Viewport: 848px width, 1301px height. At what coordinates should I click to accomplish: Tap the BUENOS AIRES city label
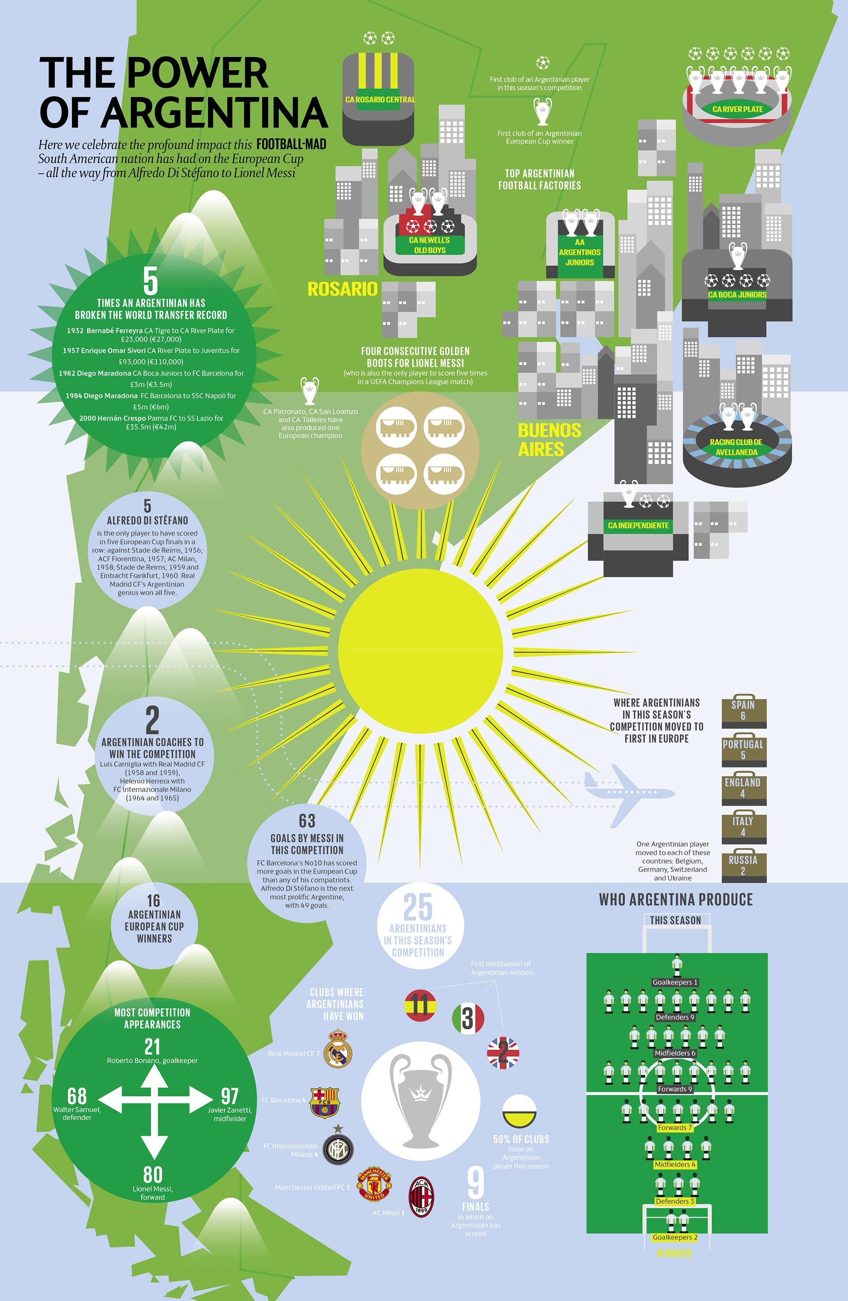(549, 440)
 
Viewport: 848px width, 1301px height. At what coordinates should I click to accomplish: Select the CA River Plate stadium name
(737, 109)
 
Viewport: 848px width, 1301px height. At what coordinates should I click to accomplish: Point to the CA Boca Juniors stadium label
(737, 295)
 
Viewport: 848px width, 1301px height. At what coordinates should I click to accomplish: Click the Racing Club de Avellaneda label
(736, 447)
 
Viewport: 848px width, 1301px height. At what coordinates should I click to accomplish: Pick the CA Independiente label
(638, 525)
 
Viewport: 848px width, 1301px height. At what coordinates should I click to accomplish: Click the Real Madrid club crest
(338, 1049)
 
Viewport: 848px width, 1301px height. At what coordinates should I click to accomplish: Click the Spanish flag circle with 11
(420, 1005)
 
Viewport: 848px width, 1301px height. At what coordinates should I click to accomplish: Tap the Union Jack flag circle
(503, 1052)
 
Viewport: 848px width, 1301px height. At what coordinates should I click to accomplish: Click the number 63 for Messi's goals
(307, 821)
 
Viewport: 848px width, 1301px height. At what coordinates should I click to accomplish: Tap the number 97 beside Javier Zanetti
(230, 1096)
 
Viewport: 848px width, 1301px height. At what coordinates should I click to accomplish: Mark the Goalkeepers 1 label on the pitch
(675, 982)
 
